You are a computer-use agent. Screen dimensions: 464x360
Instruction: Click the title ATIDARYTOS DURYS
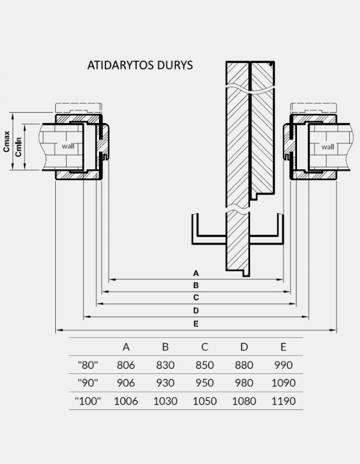[x=140, y=65]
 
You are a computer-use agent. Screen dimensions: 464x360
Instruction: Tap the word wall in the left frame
[x=68, y=146]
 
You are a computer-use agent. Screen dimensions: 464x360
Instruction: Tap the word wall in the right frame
[x=328, y=146]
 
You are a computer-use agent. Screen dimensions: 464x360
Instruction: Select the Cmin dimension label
[x=19, y=146]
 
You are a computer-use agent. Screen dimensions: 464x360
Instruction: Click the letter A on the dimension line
[x=196, y=274]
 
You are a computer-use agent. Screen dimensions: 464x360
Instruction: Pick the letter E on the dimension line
[x=196, y=324]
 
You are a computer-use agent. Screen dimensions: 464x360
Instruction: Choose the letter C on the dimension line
[x=196, y=298]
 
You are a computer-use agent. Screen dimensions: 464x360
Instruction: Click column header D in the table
[x=244, y=346]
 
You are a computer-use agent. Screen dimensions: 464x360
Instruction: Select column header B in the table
[x=165, y=346]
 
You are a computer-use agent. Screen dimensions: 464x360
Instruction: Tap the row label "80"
[x=88, y=364]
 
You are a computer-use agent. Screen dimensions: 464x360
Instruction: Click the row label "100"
[x=88, y=400]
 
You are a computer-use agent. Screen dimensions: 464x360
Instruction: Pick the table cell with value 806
[x=126, y=364]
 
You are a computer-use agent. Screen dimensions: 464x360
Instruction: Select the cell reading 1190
[x=283, y=400]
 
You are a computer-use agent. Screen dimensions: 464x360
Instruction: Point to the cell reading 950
[x=205, y=382]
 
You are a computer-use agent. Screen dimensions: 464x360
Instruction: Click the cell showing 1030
[x=165, y=400]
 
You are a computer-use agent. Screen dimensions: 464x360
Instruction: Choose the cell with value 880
[x=244, y=364]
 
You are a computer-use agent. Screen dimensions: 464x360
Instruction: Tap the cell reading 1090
[x=283, y=382]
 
